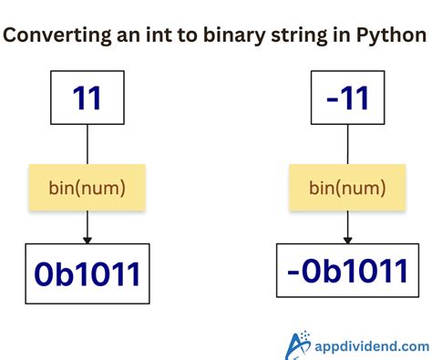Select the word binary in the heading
click(239, 36)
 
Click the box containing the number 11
click(87, 98)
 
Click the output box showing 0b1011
click(87, 273)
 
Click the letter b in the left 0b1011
click(61, 273)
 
